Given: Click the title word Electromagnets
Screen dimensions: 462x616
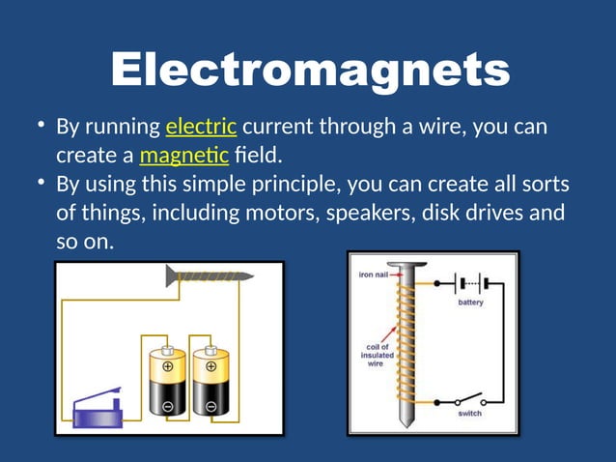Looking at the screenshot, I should pyautogui.click(x=309, y=71).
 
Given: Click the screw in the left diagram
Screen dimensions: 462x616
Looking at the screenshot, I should pyautogui.click(x=209, y=277).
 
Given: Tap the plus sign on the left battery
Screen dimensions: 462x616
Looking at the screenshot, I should pyautogui.click(x=168, y=367).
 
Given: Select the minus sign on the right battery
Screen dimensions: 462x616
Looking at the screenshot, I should pyautogui.click(x=210, y=407).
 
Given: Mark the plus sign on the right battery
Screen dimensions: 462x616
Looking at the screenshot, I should pyautogui.click(x=210, y=367).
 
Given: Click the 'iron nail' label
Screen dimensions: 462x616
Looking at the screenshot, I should pyautogui.click(x=374, y=274).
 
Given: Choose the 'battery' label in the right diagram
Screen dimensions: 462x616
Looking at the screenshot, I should pyautogui.click(x=470, y=302).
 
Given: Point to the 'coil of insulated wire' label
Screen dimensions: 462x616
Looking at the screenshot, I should pyautogui.click(x=378, y=354).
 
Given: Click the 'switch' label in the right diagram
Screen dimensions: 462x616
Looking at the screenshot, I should pyautogui.click(x=470, y=414).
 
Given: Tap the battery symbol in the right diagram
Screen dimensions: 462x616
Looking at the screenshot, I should pyautogui.click(x=470, y=283).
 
